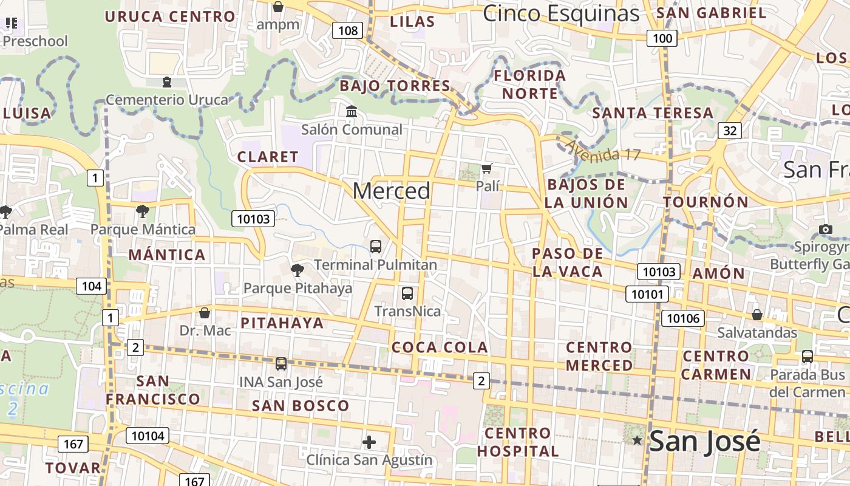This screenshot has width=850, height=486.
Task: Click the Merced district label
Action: coord(392,191)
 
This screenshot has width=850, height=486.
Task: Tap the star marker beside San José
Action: coord(637,440)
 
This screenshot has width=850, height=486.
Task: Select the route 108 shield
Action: coord(347,30)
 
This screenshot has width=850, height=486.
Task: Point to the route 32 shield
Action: coord(729,130)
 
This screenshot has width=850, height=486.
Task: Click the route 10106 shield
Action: coord(683,318)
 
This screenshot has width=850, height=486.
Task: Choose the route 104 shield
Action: coord(92,286)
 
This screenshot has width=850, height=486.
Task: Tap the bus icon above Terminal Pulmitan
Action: coord(376,246)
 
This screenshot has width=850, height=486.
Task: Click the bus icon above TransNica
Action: coord(407,293)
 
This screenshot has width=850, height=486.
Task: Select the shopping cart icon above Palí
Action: coord(486,168)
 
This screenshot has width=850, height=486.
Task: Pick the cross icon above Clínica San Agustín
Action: coord(369,442)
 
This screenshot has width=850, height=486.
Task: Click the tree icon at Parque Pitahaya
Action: coord(297,270)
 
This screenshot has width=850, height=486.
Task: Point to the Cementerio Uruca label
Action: coord(167,100)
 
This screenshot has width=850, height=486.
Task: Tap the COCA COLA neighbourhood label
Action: coord(440,347)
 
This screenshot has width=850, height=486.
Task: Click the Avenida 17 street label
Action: coord(602,150)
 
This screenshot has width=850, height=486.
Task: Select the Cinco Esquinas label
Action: coord(560,13)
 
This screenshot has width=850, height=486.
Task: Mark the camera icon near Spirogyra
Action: coord(825,229)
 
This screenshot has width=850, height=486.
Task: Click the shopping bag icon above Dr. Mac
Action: coord(205,313)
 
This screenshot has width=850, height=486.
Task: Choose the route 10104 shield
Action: coord(148,435)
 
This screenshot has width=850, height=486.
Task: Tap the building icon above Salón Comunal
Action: coord(352,112)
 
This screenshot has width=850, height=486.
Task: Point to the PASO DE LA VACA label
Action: coord(568,262)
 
